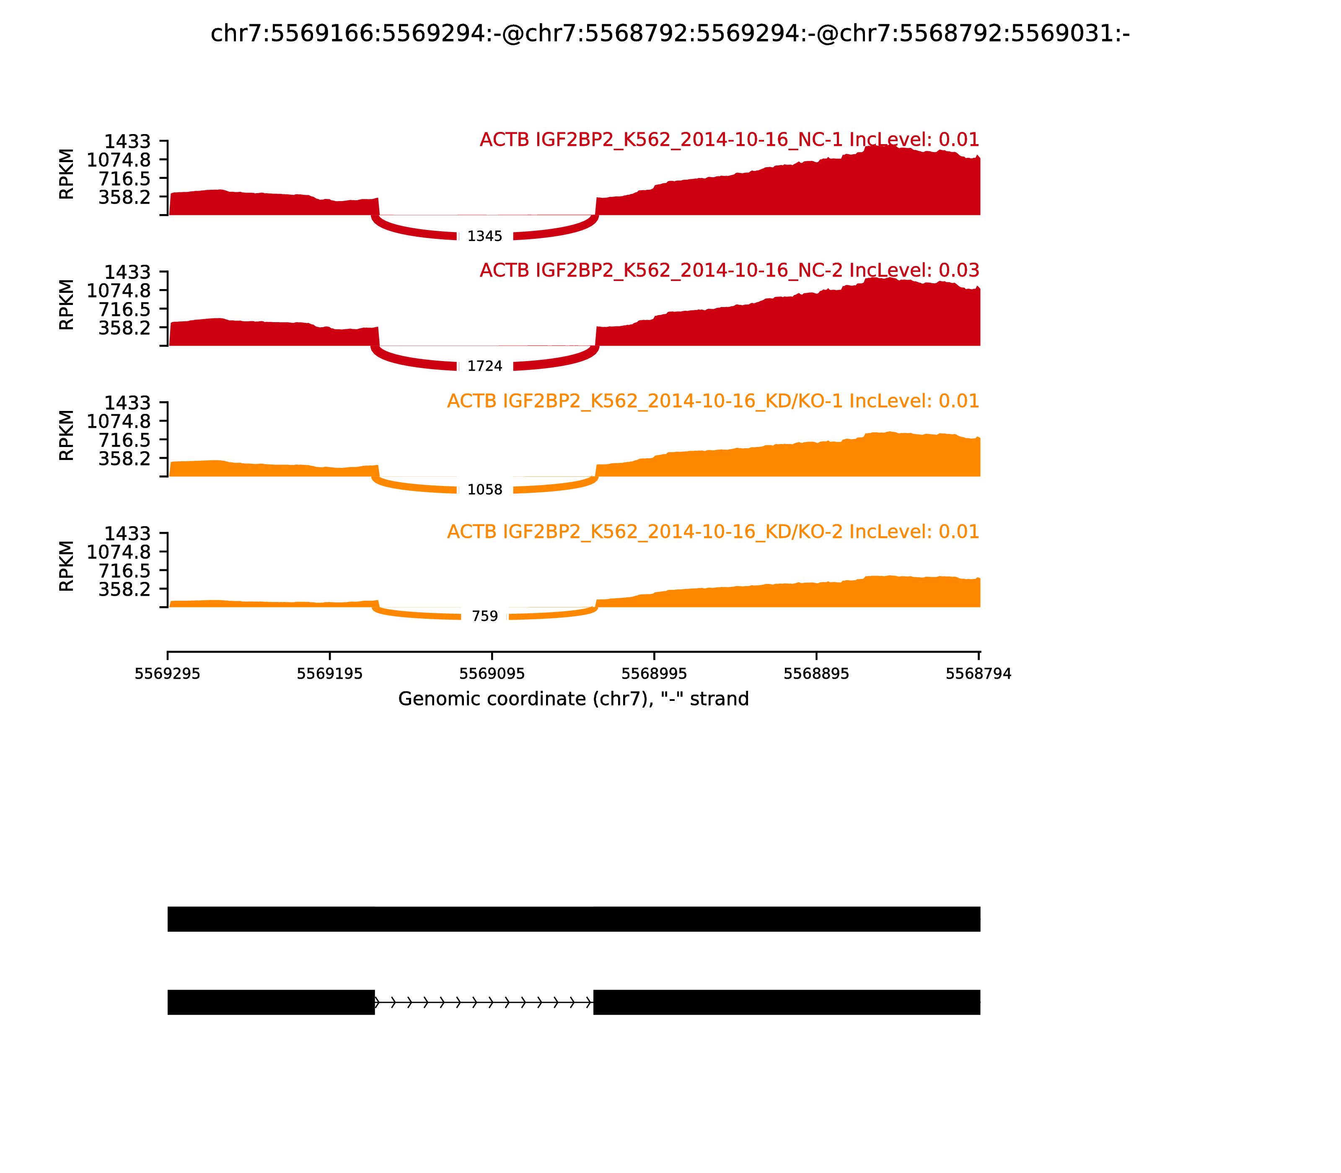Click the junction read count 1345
click(x=484, y=236)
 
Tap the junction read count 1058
click(x=484, y=490)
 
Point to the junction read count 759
click(x=484, y=616)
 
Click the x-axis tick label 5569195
click(x=329, y=674)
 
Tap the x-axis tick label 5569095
click(x=492, y=674)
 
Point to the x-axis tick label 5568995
click(x=654, y=674)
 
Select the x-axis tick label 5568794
click(x=978, y=674)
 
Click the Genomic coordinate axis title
click(x=573, y=699)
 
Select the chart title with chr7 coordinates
click(x=670, y=34)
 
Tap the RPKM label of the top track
click(x=67, y=174)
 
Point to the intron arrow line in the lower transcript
click(x=484, y=1002)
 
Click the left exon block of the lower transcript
click(x=271, y=1002)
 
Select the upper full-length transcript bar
click(x=574, y=919)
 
